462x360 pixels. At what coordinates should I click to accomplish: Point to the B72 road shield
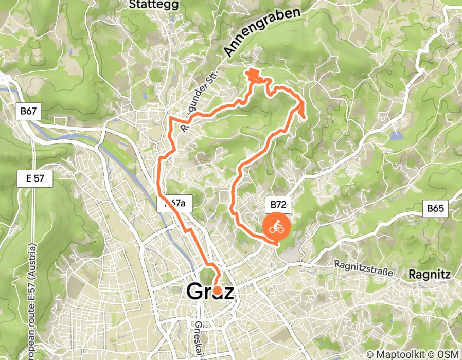tap(278, 205)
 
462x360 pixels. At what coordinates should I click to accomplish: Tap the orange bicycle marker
tap(277, 227)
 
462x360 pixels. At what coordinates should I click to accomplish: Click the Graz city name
tap(210, 292)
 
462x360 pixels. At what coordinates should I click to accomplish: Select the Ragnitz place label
tap(430, 275)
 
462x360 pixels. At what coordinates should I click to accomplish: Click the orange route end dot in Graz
tap(217, 291)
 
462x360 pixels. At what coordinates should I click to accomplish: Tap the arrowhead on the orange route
tap(300, 107)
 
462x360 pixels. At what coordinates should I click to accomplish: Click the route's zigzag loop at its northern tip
tap(254, 75)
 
